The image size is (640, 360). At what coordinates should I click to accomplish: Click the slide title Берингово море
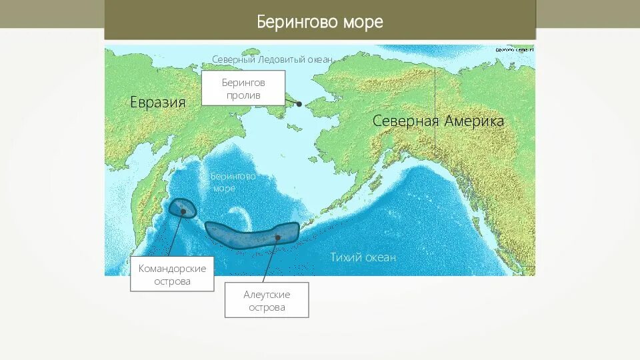point(320,22)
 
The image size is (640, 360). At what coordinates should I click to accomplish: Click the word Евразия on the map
point(157,102)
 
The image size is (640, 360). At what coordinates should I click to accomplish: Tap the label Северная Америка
point(438,121)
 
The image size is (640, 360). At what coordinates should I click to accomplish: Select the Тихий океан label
point(363,257)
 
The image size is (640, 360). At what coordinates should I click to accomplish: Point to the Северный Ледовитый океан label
point(272,59)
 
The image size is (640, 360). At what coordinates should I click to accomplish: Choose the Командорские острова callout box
point(172,274)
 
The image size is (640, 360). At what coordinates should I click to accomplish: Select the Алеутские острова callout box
point(267,300)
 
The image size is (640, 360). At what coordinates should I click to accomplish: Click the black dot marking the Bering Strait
point(299,104)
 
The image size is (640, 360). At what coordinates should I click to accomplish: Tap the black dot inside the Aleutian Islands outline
point(277,237)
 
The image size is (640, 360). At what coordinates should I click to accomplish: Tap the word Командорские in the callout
point(172,268)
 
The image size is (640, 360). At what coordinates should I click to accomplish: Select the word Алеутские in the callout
point(267,294)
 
